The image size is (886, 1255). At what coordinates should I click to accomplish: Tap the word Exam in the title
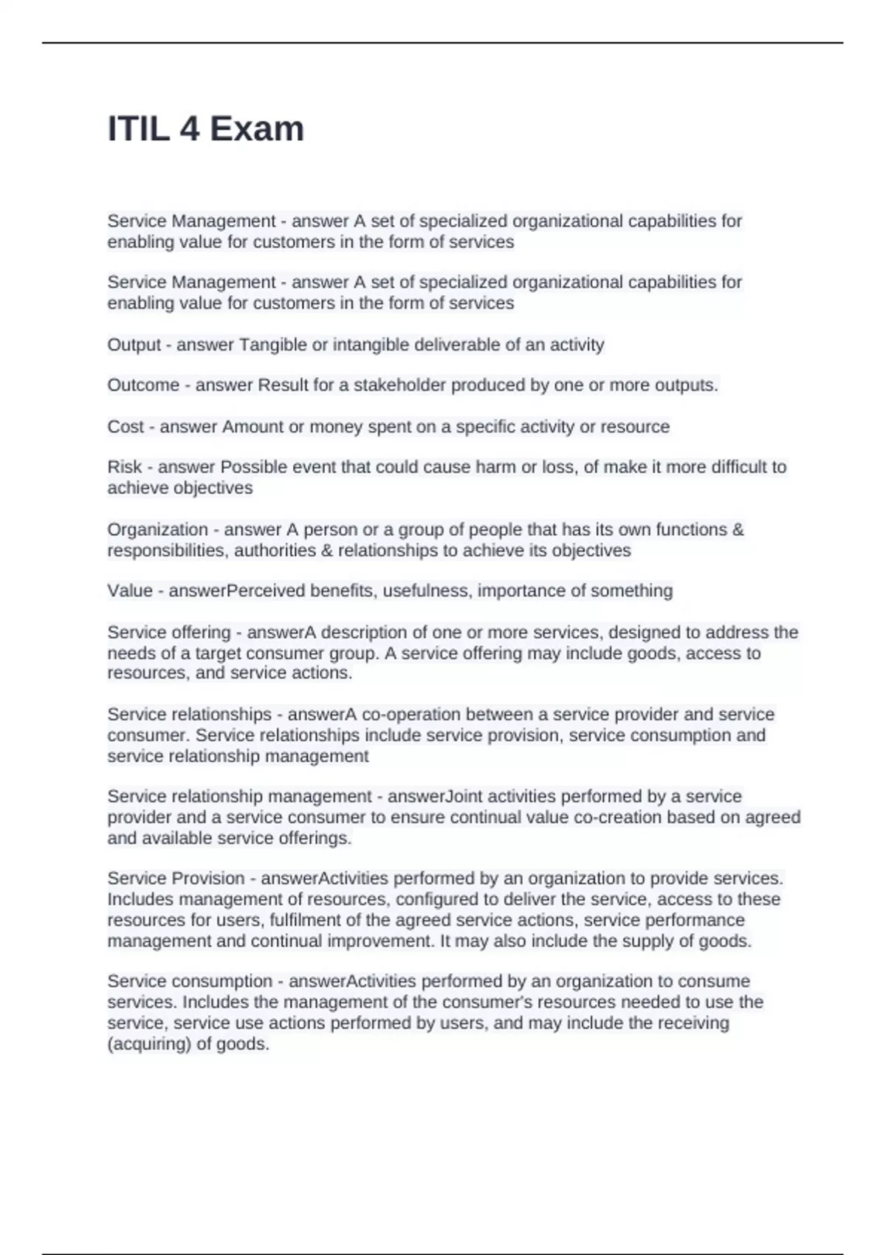coord(256,129)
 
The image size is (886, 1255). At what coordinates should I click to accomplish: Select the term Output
coord(134,345)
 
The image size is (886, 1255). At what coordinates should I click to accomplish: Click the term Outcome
coord(143,385)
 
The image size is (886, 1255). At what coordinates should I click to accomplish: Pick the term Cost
coord(126,427)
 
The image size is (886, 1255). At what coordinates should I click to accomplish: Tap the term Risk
coord(125,467)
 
